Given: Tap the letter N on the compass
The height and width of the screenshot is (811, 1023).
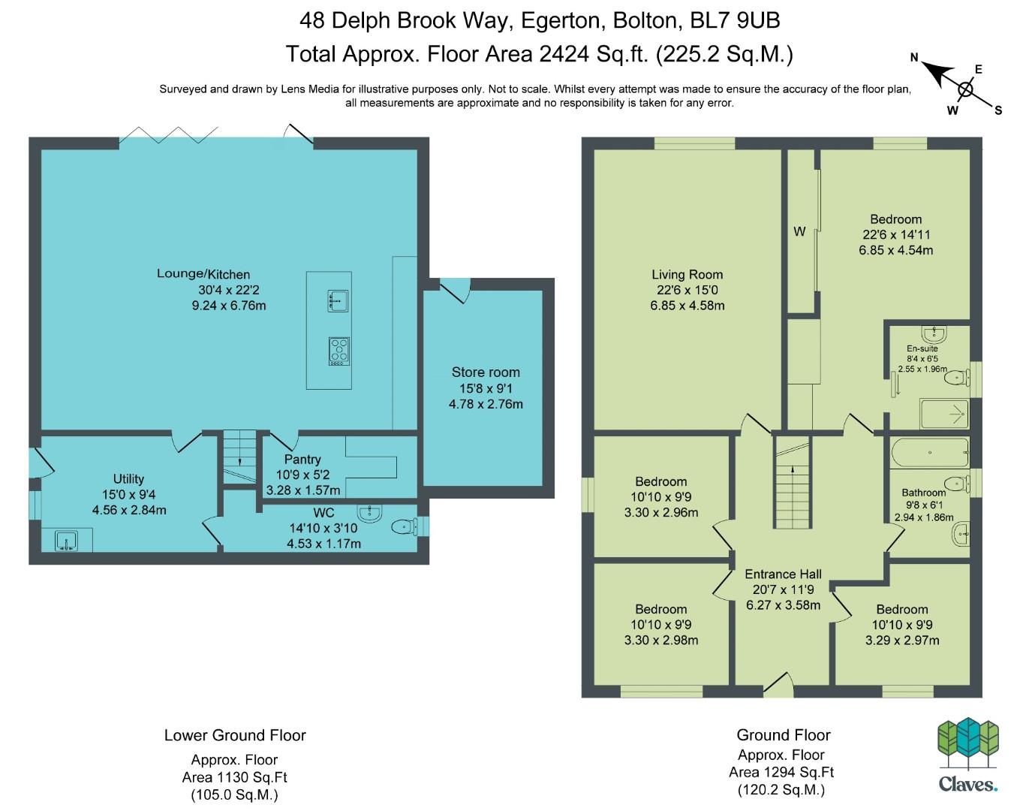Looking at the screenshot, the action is [913, 58].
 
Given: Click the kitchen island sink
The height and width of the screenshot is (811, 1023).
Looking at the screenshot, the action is [338, 300].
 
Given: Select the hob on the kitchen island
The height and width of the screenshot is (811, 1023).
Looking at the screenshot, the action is [339, 351].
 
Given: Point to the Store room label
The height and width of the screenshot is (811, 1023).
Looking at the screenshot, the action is [486, 372].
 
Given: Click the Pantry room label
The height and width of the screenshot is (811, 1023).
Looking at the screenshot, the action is [302, 459].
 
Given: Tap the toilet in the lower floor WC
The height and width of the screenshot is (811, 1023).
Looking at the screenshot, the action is [404, 526].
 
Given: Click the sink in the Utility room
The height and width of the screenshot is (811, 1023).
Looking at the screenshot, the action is [66, 541].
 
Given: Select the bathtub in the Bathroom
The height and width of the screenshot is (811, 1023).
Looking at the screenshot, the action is [930, 452].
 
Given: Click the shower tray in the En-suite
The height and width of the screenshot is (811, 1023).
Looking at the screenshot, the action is [944, 414].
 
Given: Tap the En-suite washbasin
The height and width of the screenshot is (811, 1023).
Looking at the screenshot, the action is [934, 334].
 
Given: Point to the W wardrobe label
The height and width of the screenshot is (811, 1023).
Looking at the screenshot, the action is [799, 231].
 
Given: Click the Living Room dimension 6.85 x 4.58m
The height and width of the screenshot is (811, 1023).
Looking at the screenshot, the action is [688, 306].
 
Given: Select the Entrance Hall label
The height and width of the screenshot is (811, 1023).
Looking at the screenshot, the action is [783, 574].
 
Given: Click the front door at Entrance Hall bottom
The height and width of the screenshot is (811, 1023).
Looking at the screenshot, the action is [778, 685].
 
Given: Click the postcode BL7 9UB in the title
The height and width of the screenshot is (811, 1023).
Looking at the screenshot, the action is [735, 20].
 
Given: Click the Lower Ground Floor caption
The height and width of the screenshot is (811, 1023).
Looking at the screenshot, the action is [235, 735].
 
